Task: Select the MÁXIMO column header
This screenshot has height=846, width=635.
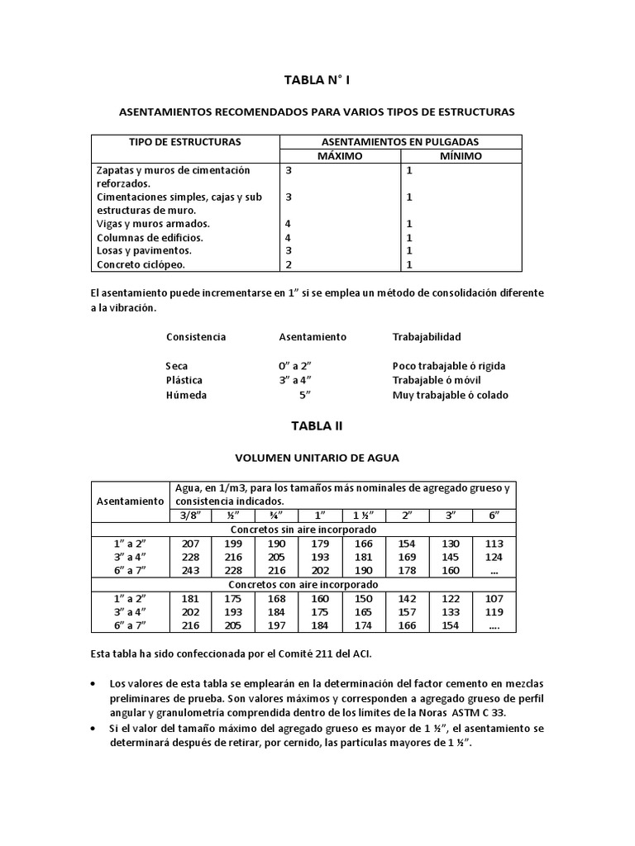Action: coord(341,155)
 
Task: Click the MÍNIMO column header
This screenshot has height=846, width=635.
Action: coord(461,155)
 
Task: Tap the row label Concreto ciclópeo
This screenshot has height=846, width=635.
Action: coord(141,264)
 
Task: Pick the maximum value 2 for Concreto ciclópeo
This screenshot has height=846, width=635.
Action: coord(289,264)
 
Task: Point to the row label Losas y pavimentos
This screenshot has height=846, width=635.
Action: coord(144,250)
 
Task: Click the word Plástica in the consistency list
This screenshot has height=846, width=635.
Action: coord(184,380)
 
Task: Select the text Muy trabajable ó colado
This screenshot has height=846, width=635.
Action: coord(450,395)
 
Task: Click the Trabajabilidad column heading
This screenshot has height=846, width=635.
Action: coord(427,337)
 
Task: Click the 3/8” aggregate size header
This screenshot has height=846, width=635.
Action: coord(190,515)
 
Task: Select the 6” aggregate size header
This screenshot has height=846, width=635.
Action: coord(494,515)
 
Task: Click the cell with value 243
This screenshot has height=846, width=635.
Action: coord(190,569)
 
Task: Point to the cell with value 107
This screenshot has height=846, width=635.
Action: coord(494,597)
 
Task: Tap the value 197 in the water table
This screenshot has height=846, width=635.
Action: coord(277,625)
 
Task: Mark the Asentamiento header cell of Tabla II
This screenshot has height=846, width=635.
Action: coord(131,501)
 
